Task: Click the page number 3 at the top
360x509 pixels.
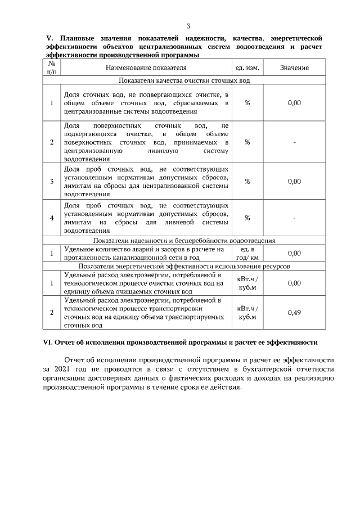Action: tap(188, 26)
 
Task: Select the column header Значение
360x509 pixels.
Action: tap(294, 68)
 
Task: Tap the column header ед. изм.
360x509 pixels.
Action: tap(247, 68)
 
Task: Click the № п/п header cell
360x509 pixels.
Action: tap(52, 68)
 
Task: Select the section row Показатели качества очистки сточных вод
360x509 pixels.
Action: tap(180, 81)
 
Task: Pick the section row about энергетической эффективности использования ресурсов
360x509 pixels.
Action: tap(180, 266)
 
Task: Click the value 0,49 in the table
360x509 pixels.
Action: tap(294, 312)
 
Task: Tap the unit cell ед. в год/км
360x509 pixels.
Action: tap(247, 253)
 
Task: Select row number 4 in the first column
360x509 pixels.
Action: tap(52, 218)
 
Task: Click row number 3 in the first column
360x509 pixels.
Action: tap(52, 181)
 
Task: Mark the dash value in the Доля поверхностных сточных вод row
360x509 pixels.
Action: tap(294, 142)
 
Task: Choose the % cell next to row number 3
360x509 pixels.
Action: tap(247, 181)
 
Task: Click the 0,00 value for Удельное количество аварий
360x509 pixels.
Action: tap(294, 254)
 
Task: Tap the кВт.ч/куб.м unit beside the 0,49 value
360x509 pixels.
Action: tap(247, 312)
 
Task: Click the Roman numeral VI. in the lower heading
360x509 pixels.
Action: tap(49, 342)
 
